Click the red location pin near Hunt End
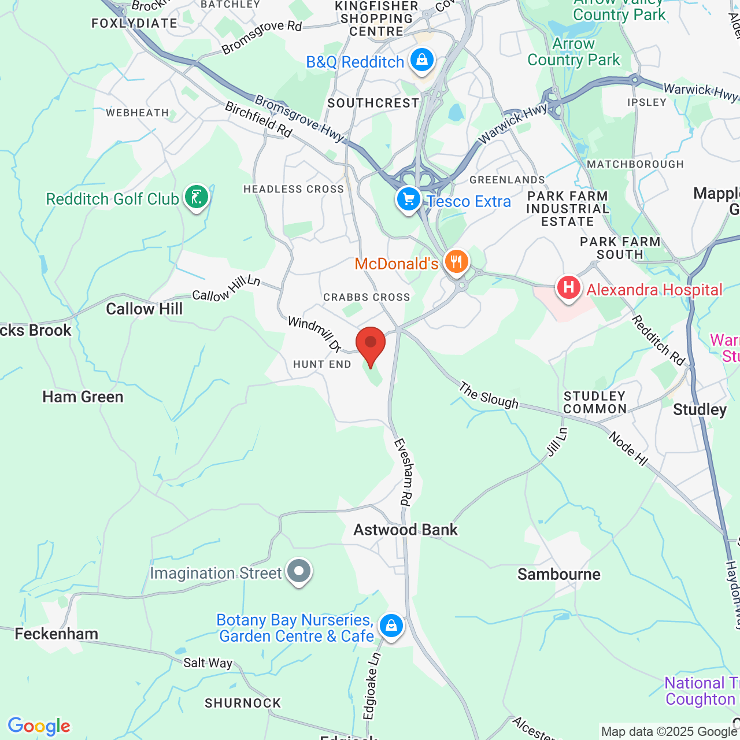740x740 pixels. point(371,345)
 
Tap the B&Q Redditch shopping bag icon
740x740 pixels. point(422,60)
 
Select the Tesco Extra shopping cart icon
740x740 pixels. point(409,199)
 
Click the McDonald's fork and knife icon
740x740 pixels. point(457,262)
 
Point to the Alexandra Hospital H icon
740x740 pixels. point(569,287)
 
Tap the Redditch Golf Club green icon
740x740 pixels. point(197,197)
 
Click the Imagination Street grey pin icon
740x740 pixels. point(299,571)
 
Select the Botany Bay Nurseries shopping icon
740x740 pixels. point(391,626)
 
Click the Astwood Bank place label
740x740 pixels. point(406,530)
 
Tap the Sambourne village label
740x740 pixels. point(559,574)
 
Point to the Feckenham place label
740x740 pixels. point(57,634)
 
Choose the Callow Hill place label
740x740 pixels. point(145,309)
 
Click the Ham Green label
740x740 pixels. point(83,397)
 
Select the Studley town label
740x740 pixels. point(700,409)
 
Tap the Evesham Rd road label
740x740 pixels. point(402,472)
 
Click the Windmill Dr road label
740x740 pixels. point(314,334)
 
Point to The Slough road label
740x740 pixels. point(489,395)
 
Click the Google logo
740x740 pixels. point(39,726)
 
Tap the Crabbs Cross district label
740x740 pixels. point(367,297)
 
